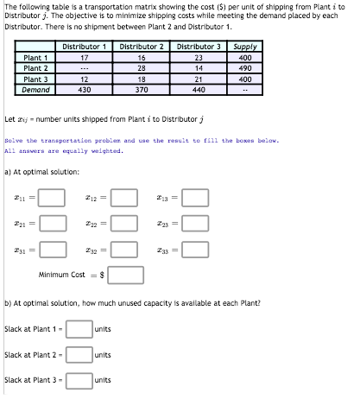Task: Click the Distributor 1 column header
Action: (x=85, y=46)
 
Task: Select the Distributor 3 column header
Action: (x=199, y=46)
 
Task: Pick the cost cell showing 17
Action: (x=85, y=57)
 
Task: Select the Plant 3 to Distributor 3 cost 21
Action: (x=199, y=78)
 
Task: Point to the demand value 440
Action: (x=199, y=88)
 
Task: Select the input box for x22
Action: (x=123, y=222)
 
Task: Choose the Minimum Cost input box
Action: (x=126, y=275)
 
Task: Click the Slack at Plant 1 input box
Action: (x=79, y=329)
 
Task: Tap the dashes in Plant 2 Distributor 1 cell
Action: (x=85, y=67)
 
